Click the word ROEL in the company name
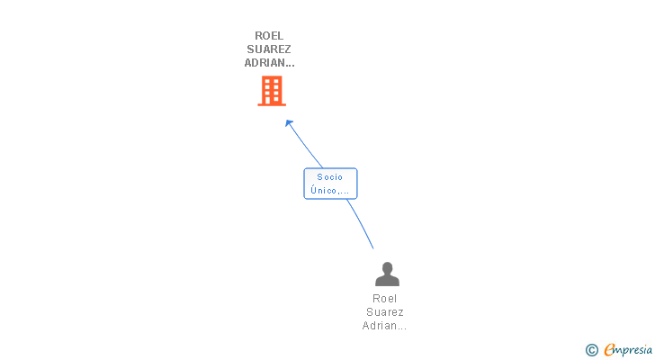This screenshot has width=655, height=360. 269,36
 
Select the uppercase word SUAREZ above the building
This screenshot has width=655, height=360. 269,49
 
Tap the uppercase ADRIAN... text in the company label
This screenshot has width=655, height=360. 269,63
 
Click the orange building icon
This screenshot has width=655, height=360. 272,91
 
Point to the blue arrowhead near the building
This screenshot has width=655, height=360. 289,123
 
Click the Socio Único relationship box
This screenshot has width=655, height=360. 330,184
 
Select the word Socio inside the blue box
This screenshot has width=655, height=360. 330,177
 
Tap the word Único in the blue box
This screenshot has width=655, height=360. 324,190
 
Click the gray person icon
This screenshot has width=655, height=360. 387,274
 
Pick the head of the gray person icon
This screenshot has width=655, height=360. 387,268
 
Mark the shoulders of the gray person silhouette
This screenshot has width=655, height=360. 387,281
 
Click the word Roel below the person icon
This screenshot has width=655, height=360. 385,299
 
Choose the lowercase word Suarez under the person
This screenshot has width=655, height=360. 385,312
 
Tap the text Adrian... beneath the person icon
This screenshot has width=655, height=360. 384,325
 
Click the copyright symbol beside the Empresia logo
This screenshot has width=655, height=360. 592,350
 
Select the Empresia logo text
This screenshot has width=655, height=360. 628,350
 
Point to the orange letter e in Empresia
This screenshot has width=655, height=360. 609,350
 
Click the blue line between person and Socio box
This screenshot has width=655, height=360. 361,223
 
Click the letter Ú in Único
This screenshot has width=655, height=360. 313,190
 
